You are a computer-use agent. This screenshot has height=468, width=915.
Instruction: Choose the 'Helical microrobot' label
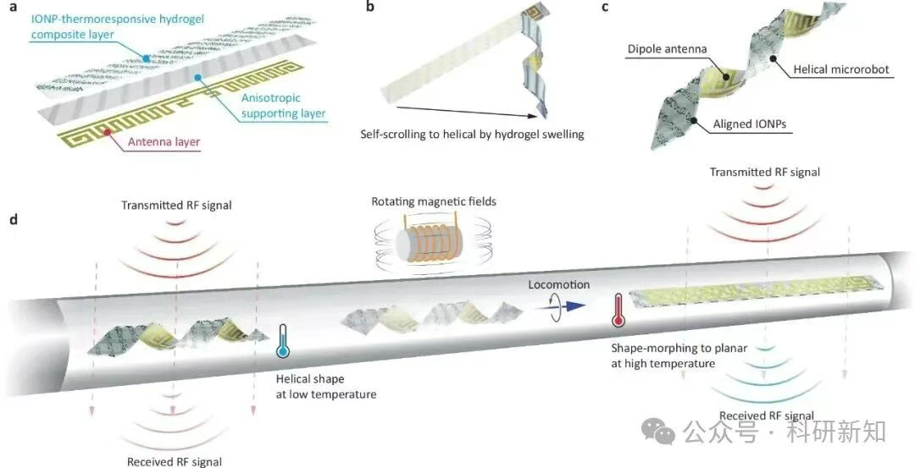pyautogui.click(x=840, y=69)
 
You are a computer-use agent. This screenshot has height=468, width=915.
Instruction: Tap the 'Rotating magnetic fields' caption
pyautogui.click(x=421, y=202)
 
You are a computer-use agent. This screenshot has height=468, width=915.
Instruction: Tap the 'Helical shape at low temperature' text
pyautogui.click(x=326, y=386)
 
